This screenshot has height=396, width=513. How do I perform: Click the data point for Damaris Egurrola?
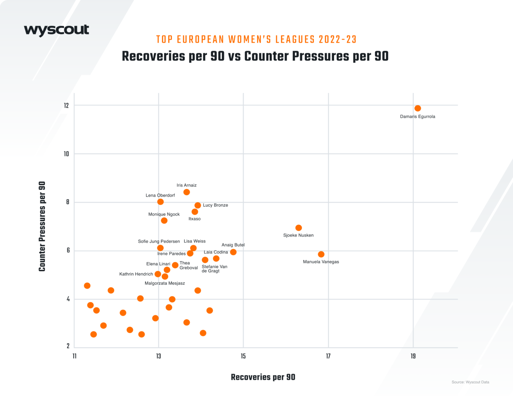click(x=417, y=108)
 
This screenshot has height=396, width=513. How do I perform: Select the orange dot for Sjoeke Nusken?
click(x=299, y=228)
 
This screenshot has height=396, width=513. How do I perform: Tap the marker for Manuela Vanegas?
click(x=321, y=254)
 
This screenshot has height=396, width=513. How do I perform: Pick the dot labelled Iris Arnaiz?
click(x=187, y=192)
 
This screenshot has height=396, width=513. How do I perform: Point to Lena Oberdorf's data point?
click(x=161, y=202)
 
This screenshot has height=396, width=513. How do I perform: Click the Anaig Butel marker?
click(x=233, y=252)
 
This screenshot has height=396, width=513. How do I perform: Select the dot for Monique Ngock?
click(x=164, y=220)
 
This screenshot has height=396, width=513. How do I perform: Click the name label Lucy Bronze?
click(x=215, y=205)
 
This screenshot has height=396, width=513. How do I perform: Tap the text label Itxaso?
click(x=194, y=219)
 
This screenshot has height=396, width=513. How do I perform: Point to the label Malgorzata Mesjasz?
click(x=164, y=283)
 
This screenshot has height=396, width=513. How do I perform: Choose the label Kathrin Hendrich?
click(x=136, y=274)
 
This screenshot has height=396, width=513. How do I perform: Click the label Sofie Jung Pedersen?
click(x=159, y=241)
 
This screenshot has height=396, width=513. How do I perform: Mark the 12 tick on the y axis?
click(x=66, y=106)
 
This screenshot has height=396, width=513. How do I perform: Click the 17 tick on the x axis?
click(x=328, y=356)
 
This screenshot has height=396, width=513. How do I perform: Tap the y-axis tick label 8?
click(x=68, y=202)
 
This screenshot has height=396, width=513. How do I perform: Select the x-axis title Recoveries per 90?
click(x=263, y=377)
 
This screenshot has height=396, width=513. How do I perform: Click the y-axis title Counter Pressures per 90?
click(x=42, y=226)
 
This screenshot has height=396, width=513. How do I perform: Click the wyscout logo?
click(x=56, y=30)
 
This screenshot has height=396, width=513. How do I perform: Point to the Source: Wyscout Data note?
click(x=470, y=382)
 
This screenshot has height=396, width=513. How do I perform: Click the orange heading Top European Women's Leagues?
click(x=256, y=39)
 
